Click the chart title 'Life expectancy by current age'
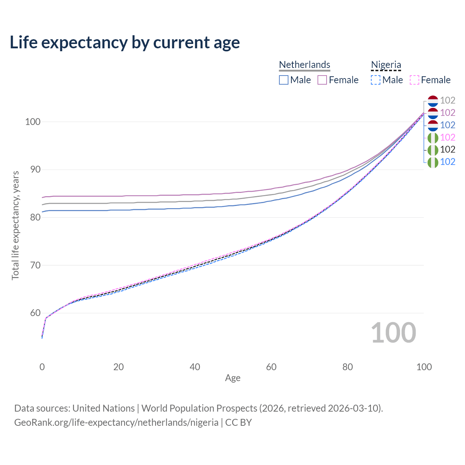[x=125, y=43]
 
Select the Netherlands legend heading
[x=304, y=65]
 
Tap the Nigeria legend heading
[x=386, y=65]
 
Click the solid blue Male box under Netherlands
[x=284, y=80]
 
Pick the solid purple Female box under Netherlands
[x=322, y=80]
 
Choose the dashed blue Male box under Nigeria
[x=376, y=80]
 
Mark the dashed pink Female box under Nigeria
[x=415, y=80]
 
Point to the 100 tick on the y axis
[x=32, y=122]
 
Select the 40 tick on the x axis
[x=195, y=367]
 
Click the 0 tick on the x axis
[x=42, y=367]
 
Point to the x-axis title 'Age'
[x=232, y=378]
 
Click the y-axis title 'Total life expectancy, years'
[x=15, y=225]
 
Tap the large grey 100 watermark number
[x=393, y=333]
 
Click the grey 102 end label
[x=448, y=100]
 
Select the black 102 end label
[x=448, y=149]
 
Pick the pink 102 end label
[x=448, y=137]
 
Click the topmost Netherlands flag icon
[x=433, y=101]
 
